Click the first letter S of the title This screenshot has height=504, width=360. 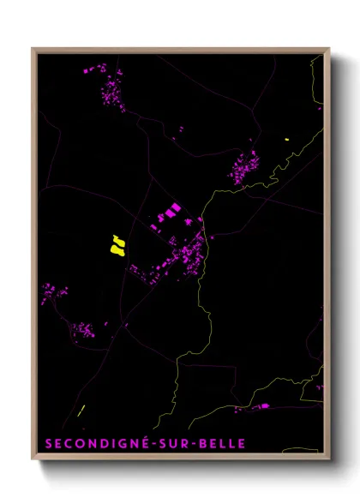[x=46, y=444]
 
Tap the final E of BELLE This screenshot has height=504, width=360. [x=242, y=444]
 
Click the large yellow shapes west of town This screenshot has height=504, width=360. [x=117, y=245]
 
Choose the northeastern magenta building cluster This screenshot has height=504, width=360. [x=245, y=166]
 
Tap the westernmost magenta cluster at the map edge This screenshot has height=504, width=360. [x=53, y=293]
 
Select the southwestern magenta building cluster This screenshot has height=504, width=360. [x=84, y=330]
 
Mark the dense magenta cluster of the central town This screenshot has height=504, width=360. [x=186, y=254]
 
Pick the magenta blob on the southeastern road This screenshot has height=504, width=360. [x=263, y=405]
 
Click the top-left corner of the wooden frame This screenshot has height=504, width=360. [x=33, y=50]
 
